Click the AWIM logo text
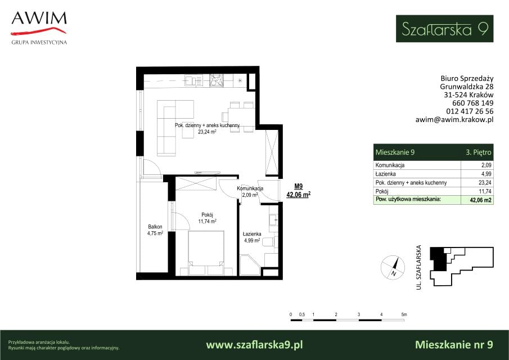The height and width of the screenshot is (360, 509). [x=39, y=18]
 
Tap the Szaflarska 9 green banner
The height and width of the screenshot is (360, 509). [x=444, y=29]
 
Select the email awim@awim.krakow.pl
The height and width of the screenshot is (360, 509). [x=454, y=119]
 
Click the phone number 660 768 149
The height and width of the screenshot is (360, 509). [x=472, y=103]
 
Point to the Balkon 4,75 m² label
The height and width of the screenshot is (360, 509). [x=155, y=230]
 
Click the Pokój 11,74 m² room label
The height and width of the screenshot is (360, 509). [x=207, y=218]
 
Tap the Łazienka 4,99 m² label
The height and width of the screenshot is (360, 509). [x=252, y=237]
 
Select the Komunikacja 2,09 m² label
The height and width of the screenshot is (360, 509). [x=250, y=191]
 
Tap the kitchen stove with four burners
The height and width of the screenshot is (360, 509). [x=216, y=80]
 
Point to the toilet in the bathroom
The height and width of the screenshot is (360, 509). [x=270, y=242]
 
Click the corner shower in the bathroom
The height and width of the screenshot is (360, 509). [x=250, y=265]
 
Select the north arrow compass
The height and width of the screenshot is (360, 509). [x=393, y=268]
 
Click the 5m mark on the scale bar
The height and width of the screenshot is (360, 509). [x=404, y=314]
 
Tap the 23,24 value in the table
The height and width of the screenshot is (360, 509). [x=485, y=182]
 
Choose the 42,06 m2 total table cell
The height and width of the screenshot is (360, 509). [x=480, y=200]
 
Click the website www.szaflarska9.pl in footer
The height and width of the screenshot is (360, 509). [x=254, y=344]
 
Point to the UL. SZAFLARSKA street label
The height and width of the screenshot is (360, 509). [x=419, y=267]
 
